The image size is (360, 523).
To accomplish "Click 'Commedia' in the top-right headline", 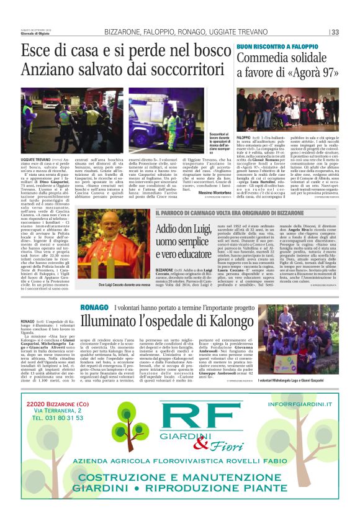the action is pyautogui.click(x=263, y=58).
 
